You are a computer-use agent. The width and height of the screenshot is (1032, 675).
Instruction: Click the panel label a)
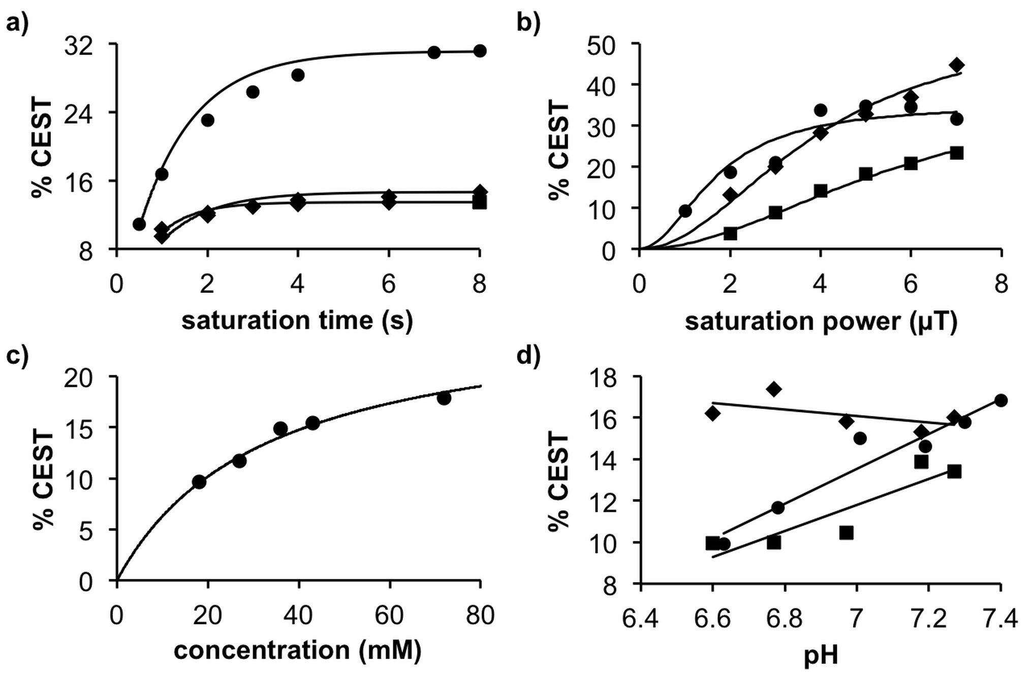point(17,23)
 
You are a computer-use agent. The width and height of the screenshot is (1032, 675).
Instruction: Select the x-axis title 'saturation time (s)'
point(297,320)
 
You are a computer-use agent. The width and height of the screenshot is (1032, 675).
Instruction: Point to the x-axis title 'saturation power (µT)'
point(821,321)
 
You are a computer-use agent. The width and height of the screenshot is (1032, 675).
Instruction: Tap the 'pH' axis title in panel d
point(821,656)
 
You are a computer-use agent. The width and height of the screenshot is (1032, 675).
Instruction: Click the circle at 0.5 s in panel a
point(139,224)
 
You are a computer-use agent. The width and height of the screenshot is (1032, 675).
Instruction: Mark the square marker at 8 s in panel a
point(480,203)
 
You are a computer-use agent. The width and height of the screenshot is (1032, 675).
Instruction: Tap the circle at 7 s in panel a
point(434,52)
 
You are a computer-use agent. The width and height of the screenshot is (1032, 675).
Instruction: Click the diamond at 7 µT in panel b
point(957,65)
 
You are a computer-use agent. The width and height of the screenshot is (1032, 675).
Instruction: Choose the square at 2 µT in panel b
point(730,233)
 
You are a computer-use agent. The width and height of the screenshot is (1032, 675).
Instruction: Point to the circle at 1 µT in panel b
point(685,211)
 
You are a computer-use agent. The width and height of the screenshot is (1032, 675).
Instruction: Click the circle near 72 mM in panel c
point(444,398)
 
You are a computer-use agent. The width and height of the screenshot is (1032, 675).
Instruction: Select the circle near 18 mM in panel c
point(199,482)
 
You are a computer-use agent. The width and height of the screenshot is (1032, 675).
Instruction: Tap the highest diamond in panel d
point(774,389)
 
